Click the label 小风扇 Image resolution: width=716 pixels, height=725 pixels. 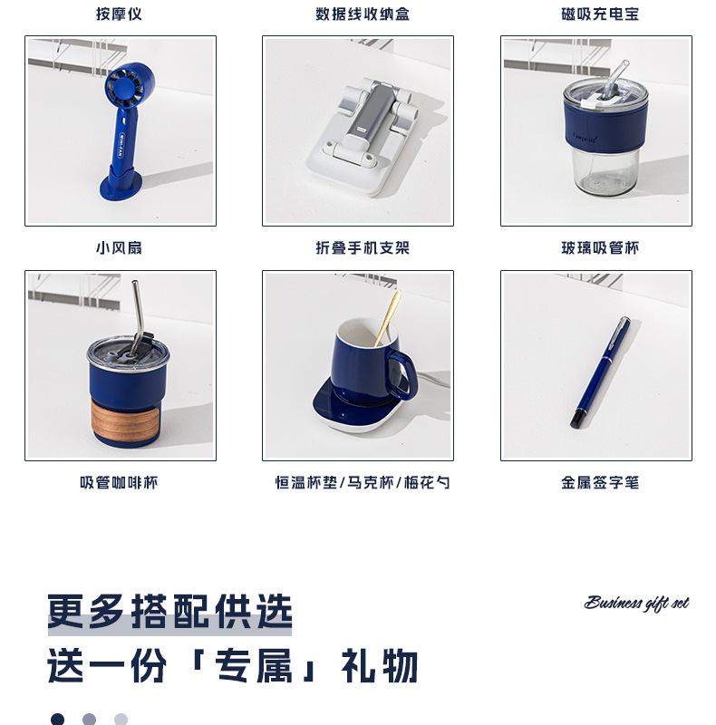click(120, 247)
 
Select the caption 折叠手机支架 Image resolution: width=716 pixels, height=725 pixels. click(358, 247)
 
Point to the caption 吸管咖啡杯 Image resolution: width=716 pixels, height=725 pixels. click(120, 483)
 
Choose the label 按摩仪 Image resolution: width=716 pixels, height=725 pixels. click(120, 14)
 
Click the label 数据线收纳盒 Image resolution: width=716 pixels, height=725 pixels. click(358, 14)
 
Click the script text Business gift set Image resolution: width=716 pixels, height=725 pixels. click(636, 604)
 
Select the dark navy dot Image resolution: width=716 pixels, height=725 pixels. click(57, 719)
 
